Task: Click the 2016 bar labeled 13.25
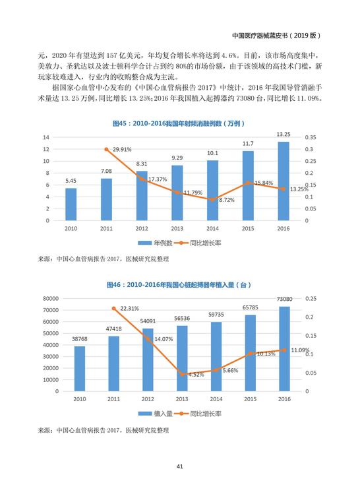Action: point(284,181)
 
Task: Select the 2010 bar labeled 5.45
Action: point(71,205)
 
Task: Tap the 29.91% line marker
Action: point(106,149)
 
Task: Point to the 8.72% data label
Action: point(227,200)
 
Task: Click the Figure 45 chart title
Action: point(179,123)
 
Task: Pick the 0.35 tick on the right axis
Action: point(311,137)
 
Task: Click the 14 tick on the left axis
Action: point(46,137)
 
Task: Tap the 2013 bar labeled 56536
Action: point(182,358)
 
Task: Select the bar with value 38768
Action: point(80,369)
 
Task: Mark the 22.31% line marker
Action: point(113,309)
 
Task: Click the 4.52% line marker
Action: point(182,375)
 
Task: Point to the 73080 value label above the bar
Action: point(285,299)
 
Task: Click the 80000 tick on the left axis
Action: point(51,299)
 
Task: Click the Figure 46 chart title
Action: point(179,285)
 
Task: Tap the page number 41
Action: point(180,466)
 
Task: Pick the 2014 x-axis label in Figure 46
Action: point(216,399)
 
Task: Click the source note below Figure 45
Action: point(104,259)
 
